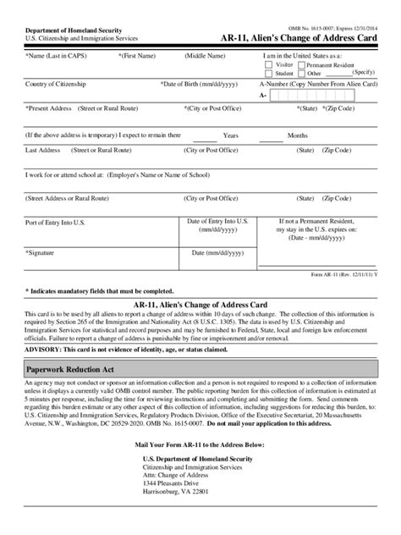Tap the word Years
tap(231, 135)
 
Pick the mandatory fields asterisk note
tap(100, 290)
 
